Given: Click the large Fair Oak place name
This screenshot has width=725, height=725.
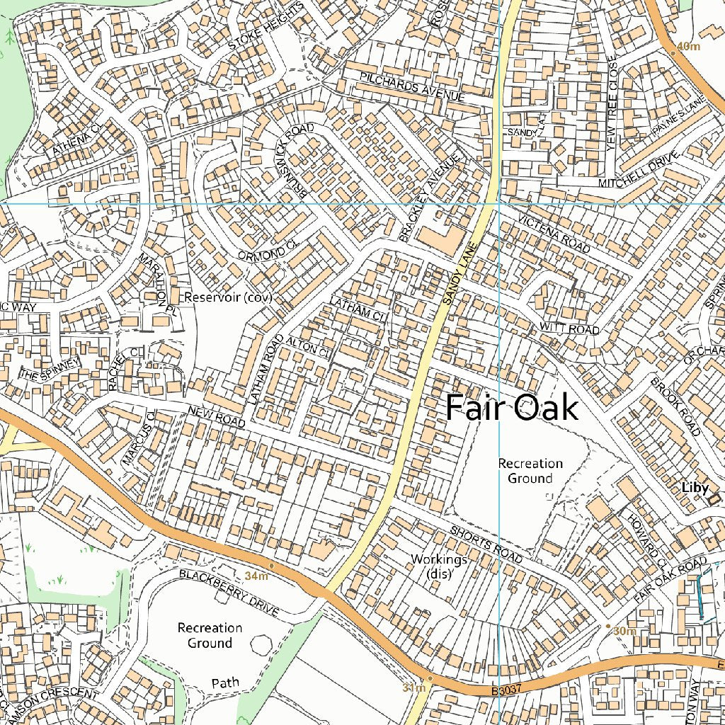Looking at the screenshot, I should pos(511,409).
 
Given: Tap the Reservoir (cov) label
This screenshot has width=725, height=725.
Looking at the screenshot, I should pos(227,297).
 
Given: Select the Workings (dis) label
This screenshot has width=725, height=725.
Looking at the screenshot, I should pos(439,566).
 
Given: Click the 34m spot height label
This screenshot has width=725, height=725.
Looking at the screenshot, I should pos(256,576).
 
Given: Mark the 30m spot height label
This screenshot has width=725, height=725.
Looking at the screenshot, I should pos(624,631).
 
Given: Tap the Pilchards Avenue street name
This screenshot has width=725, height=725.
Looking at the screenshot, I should pos(411,86).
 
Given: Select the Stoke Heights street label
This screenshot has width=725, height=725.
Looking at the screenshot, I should pos(266,25).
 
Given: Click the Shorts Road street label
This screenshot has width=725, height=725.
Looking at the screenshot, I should pos(486,546).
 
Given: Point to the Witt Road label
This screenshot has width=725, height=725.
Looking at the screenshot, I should pos(569,329).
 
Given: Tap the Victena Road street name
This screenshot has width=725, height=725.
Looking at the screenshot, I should pos(554,234).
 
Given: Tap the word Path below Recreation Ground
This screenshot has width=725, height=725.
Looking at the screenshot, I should pos(225,683).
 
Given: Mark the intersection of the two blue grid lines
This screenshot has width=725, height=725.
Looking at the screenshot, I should pos(500,203).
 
